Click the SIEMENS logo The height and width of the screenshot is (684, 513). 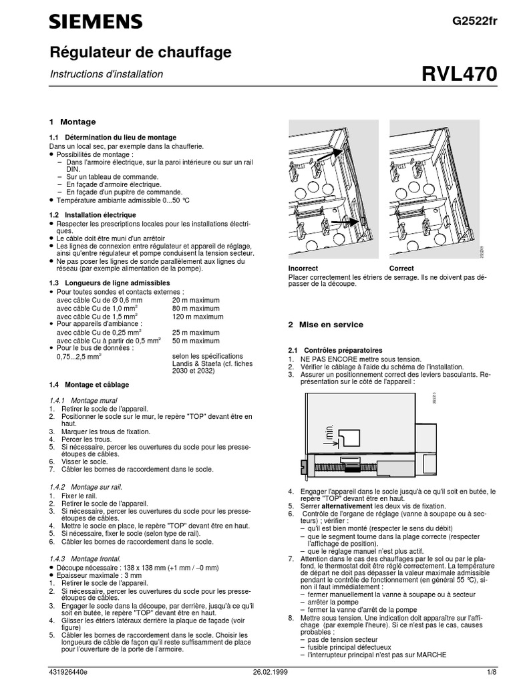point(96,22)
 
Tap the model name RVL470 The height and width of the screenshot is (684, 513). point(460,75)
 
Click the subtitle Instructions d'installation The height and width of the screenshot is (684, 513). point(106,74)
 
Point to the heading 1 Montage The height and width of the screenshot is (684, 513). point(73,122)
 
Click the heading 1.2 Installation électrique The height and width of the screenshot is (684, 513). point(93,214)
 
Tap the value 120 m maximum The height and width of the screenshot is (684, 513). point(198,317)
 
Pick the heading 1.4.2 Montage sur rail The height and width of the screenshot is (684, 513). point(86,487)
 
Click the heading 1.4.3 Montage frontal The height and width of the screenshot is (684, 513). point(85,558)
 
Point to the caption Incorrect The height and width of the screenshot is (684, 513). point(303,268)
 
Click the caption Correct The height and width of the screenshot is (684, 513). point(401,268)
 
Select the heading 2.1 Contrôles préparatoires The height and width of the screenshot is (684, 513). point(335,350)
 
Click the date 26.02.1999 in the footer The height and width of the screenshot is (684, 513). point(271,673)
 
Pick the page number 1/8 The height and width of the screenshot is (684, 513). point(492,673)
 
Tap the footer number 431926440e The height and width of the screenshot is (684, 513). point(69,673)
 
